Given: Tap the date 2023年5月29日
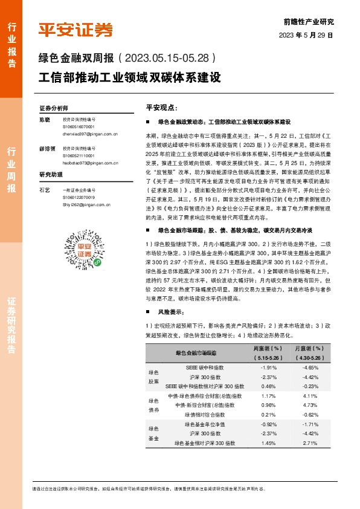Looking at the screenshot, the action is point(306,35).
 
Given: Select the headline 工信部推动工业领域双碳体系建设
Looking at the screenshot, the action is point(130,78).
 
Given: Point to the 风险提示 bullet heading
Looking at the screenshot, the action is point(169,311).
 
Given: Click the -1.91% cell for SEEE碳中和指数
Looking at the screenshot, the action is point(268,368).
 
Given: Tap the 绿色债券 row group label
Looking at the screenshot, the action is point(153,404).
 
